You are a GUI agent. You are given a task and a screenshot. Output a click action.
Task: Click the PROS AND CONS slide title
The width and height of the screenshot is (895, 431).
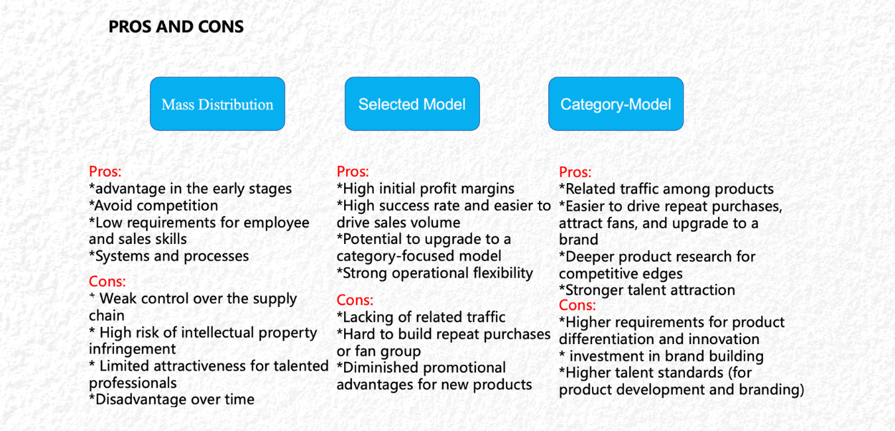176,27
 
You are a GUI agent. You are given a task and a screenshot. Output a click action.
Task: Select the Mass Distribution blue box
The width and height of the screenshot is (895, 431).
217,104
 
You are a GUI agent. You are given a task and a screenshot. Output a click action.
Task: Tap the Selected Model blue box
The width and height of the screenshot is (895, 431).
412,104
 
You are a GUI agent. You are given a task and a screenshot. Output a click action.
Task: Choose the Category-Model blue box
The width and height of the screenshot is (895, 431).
616,104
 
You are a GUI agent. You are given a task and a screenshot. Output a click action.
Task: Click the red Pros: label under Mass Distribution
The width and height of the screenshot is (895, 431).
105,172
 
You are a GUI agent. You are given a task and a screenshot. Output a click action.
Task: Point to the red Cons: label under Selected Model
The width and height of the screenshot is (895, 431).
355,300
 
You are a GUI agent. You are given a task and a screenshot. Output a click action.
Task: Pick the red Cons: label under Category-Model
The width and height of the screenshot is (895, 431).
577,305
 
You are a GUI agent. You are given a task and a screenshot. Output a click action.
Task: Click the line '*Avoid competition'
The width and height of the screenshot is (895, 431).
153,206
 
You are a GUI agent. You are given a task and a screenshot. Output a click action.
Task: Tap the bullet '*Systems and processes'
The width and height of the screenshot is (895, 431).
168,256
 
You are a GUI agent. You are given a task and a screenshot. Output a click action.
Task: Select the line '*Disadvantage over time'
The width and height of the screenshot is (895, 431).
172,399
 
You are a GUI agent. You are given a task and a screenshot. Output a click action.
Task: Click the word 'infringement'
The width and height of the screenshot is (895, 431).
132,349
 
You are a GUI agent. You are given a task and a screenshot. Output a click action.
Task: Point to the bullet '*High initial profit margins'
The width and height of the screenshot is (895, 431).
426,189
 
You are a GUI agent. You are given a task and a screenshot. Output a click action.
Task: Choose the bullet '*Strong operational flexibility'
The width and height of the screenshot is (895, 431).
435,273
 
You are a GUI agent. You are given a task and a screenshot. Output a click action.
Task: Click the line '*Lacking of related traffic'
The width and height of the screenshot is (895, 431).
421,317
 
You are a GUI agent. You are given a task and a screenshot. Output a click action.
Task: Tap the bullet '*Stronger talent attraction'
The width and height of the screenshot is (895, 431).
647,290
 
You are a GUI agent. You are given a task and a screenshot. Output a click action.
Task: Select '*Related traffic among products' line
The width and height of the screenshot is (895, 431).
666,189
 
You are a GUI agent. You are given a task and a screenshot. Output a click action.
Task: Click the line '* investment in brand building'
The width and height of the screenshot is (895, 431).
661,356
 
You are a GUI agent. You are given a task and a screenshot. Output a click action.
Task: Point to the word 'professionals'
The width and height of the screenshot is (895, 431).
133,383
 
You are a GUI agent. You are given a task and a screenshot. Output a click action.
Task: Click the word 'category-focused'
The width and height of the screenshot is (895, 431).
387,256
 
